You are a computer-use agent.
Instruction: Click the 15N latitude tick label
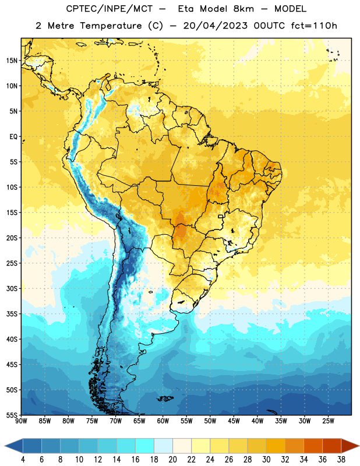point(12,61)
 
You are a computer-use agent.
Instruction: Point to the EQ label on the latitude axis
point(13,137)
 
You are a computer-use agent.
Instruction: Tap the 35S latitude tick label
point(12,314)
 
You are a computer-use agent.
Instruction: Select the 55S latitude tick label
point(12,415)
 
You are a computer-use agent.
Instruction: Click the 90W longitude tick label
point(21,421)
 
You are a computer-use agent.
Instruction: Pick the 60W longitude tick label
point(163,421)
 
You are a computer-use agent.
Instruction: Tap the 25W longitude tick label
point(328,421)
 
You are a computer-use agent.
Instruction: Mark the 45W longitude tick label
point(234,421)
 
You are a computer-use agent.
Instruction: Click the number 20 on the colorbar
point(172,460)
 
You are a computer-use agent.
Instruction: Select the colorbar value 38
point(341,460)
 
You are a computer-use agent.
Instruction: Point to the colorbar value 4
point(23,460)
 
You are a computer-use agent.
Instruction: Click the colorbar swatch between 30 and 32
point(276,446)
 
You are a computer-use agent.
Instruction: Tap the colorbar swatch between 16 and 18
point(144,446)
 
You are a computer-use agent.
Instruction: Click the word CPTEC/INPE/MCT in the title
point(109,9)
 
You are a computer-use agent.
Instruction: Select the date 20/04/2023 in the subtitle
point(215,26)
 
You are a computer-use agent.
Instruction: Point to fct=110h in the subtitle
point(314,26)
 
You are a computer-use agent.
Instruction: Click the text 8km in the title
point(243,9)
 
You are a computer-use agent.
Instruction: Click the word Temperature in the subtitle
point(111,26)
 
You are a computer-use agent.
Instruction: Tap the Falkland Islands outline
point(165,398)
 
